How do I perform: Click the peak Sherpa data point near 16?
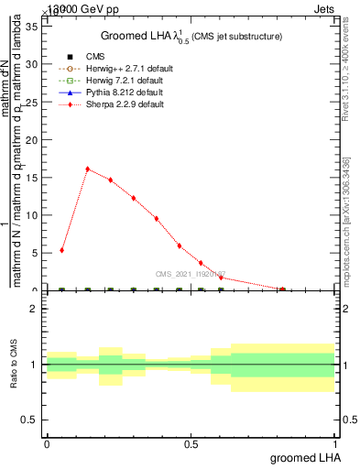(87, 169)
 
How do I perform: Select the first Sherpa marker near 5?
(61, 250)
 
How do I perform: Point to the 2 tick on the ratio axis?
(33, 310)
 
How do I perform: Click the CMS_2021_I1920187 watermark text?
(191, 274)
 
